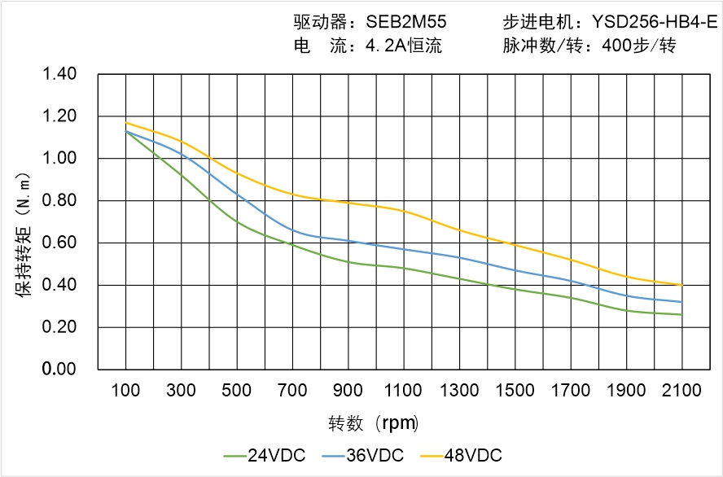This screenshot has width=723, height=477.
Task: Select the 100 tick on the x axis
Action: point(125,391)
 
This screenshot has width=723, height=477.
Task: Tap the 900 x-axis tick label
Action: point(348,391)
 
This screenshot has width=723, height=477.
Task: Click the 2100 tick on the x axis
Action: point(681,391)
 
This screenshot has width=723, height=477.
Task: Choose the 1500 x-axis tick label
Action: point(515,391)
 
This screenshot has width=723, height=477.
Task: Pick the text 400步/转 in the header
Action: point(640,46)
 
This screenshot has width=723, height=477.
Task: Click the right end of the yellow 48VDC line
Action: point(681,285)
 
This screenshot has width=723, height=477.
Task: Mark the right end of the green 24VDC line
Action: point(681,314)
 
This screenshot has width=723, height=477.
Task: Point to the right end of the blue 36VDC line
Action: point(681,302)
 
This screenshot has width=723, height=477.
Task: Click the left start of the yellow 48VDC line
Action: point(126,123)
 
